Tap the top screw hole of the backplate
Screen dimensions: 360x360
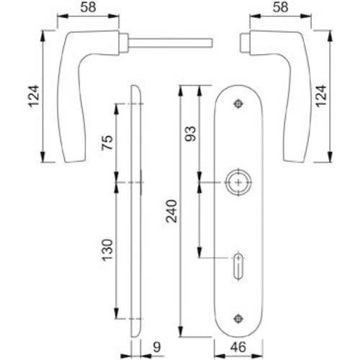point(239,104)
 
